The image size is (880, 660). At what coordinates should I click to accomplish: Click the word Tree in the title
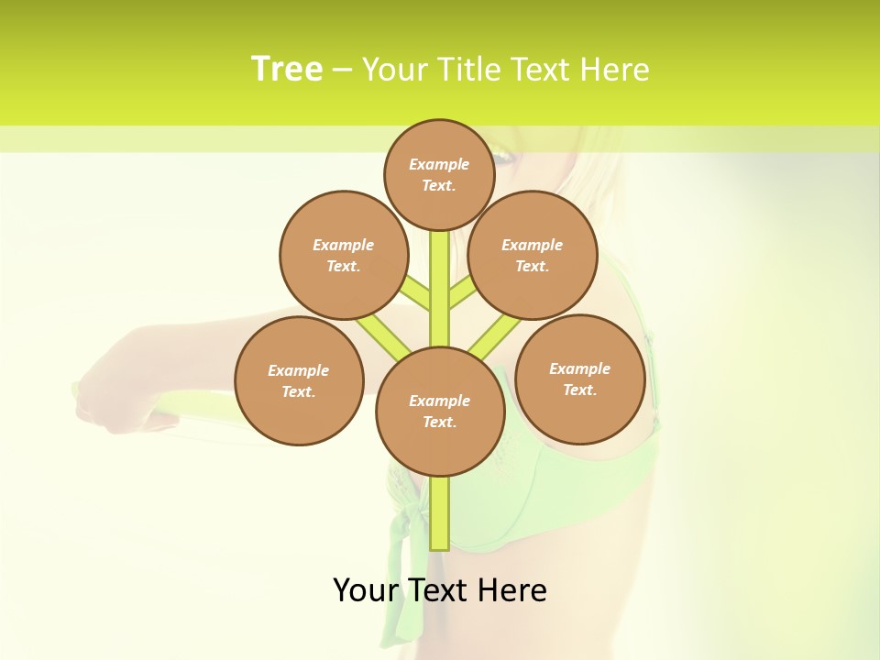tap(287, 69)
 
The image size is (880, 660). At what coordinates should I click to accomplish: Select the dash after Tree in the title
tap(343, 71)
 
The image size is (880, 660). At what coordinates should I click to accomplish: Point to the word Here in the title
tap(615, 70)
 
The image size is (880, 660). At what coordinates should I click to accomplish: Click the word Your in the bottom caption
tap(365, 590)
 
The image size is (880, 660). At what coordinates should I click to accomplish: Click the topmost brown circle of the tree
tap(439, 174)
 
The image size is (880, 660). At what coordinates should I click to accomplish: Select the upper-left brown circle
tap(344, 255)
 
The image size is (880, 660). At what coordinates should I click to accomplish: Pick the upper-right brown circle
tap(533, 255)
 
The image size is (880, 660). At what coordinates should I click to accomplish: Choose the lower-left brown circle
tap(299, 380)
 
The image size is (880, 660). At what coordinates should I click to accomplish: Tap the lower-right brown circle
tap(579, 379)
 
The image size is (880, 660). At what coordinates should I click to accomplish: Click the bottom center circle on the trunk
tap(440, 412)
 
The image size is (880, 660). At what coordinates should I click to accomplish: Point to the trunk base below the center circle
tap(440, 513)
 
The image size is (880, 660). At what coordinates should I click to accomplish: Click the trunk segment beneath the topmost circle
tap(440, 275)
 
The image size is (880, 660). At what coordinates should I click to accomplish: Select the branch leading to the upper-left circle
tap(414, 294)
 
